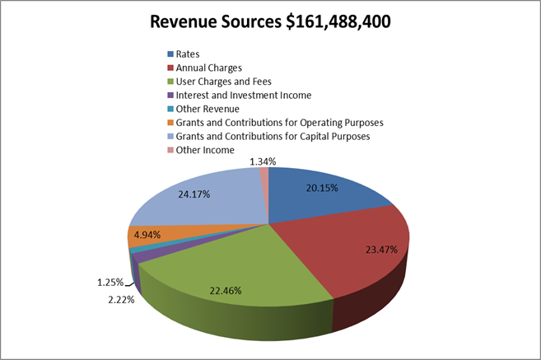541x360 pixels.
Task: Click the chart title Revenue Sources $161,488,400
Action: pyautogui.click(x=270, y=21)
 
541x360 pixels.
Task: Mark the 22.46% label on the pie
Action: pyautogui.click(x=227, y=290)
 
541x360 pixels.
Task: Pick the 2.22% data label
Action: pyautogui.click(x=119, y=299)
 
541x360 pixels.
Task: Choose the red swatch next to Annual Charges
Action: pyautogui.click(x=170, y=68)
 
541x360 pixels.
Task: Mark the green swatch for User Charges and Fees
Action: pyautogui.click(x=170, y=82)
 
